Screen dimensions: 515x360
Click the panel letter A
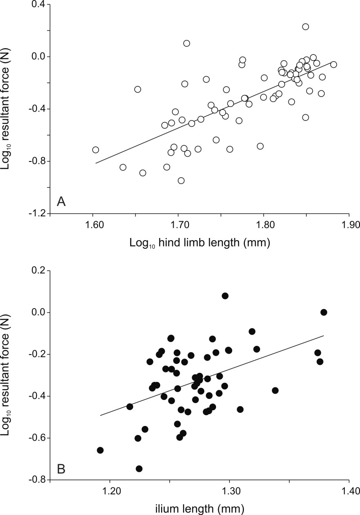(x=62, y=202)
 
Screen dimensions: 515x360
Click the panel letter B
(x=62, y=470)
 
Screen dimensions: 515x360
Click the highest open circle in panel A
(x=306, y=27)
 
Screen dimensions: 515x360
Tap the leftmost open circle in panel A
(x=95, y=150)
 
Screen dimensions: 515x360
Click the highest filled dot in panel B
(x=225, y=296)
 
